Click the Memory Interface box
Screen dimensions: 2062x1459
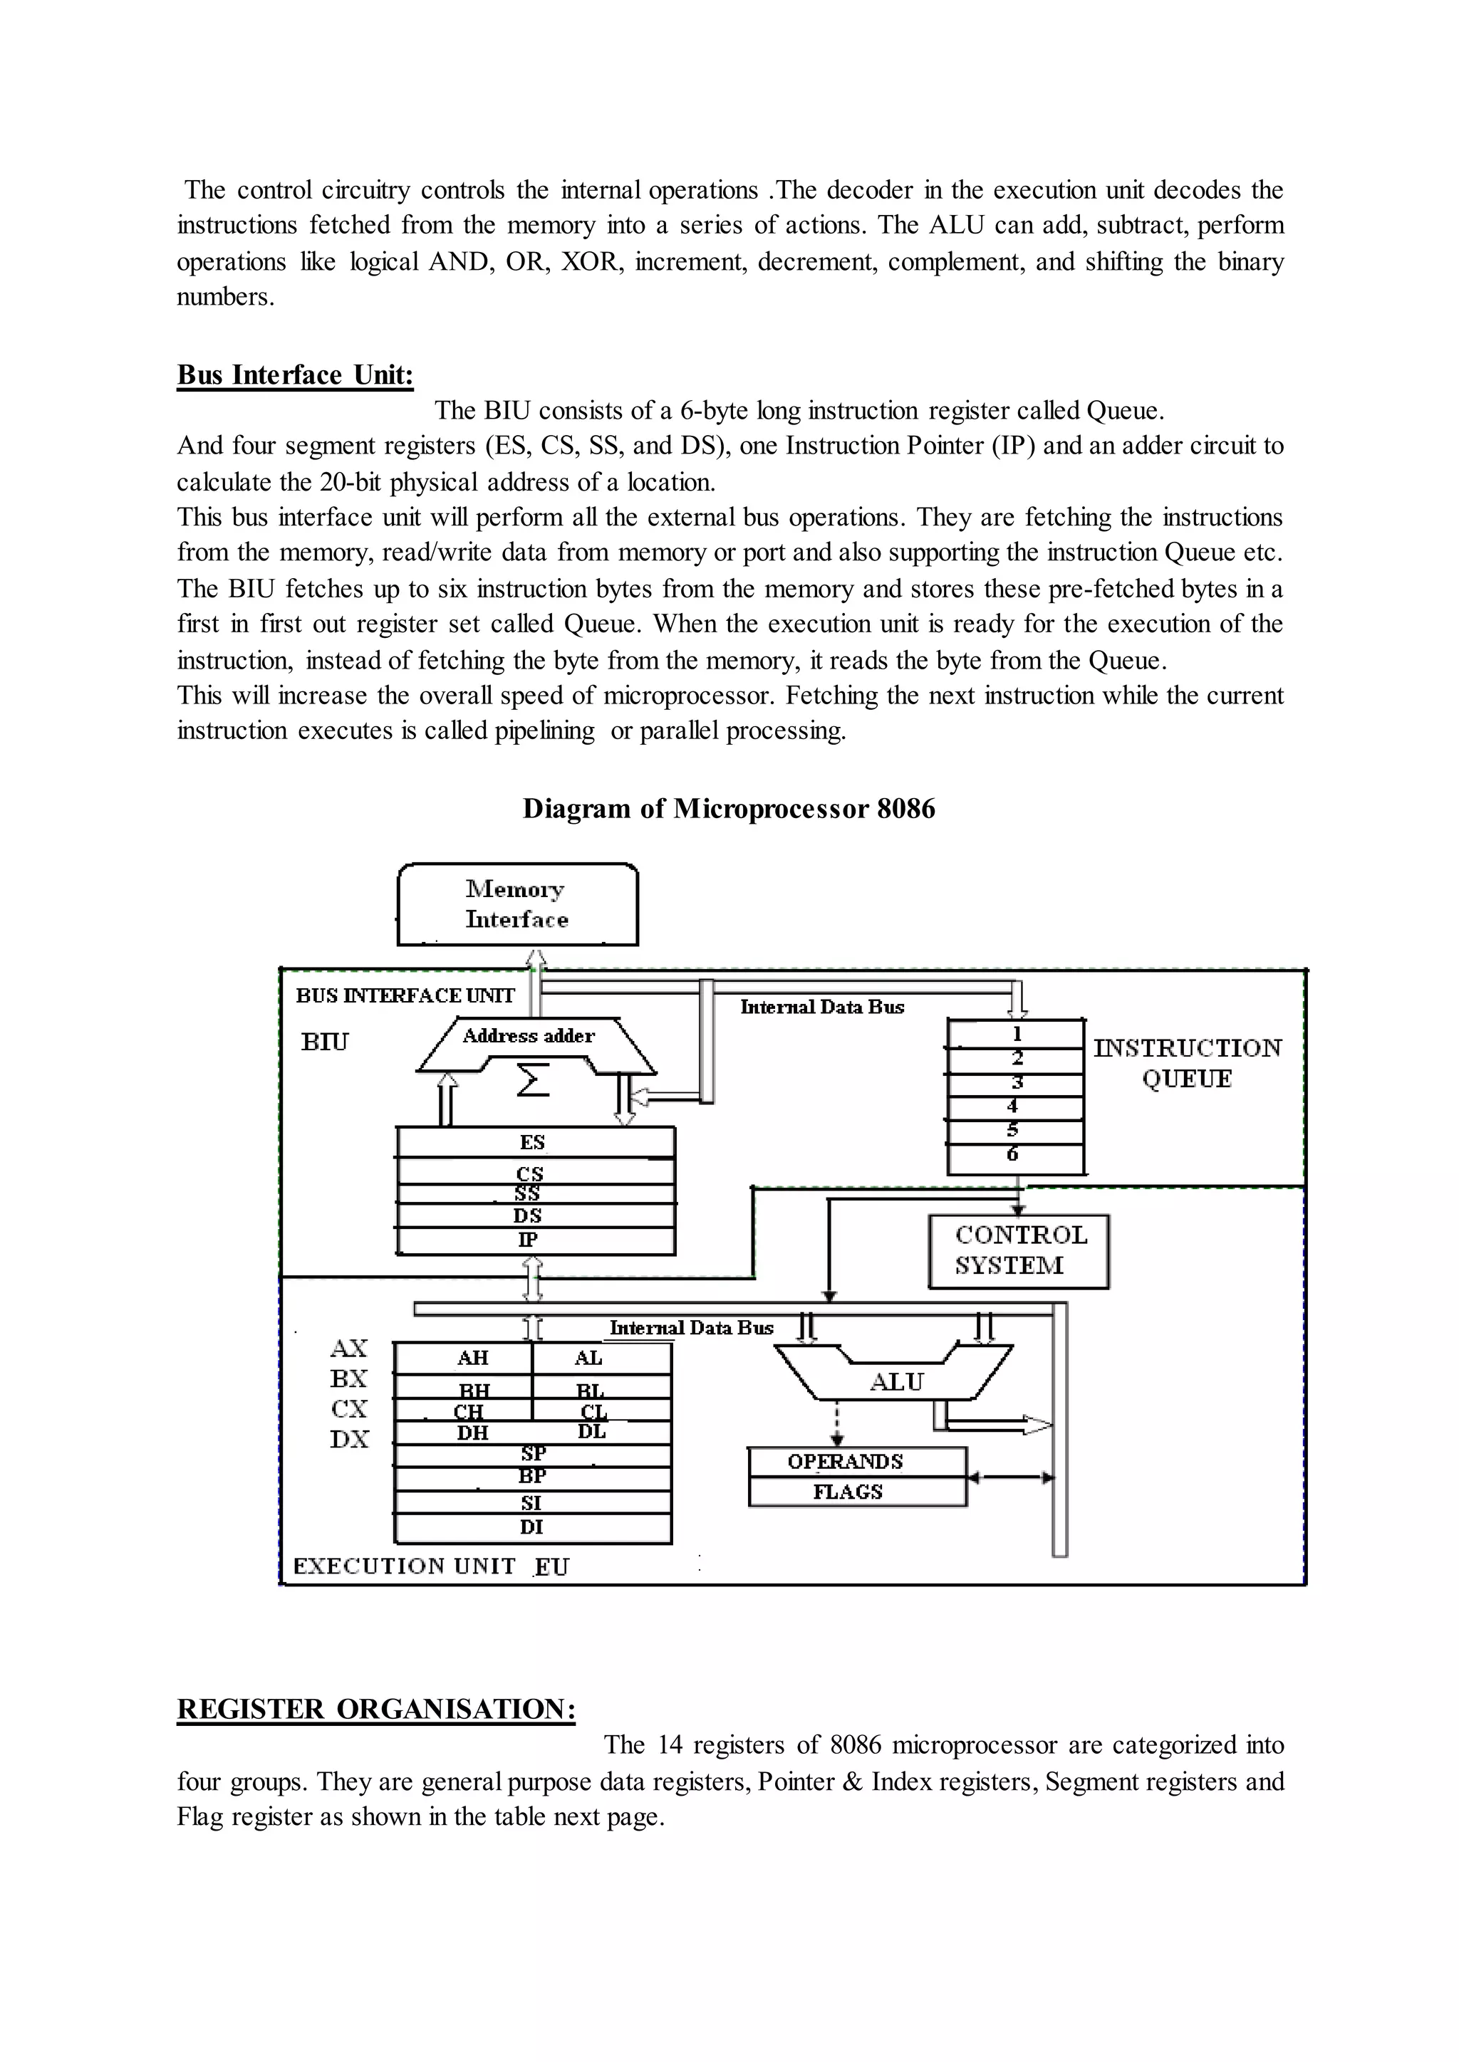click(x=517, y=904)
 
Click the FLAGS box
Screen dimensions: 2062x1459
click(x=848, y=1492)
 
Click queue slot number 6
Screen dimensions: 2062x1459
click(x=1014, y=1155)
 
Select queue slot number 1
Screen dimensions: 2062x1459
click(x=1016, y=1034)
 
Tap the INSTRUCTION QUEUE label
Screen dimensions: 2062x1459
click(x=1187, y=1063)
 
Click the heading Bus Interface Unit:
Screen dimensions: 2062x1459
click(x=295, y=375)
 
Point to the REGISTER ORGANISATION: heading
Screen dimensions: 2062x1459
click(x=375, y=1708)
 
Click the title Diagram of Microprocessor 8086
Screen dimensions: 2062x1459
click(x=729, y=808)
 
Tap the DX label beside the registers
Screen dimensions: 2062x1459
click(x=350, y=1439)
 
